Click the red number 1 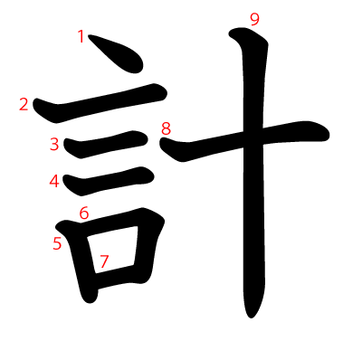click(81, 36)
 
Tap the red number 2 click(24, 104)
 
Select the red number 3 click(54, 144)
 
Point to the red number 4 click(54, 182)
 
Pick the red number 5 click(57, 243)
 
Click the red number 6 click(84, 213)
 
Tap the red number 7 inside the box click(104, 261)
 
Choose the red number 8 click(167, 128)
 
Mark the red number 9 click(254, 20)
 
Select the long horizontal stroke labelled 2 click(100, 102)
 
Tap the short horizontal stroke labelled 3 click(106, 145)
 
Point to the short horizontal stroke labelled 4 click(109, 181)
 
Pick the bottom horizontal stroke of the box click(116, 276)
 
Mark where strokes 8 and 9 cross click(253, 137)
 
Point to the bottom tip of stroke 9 click(251, 317)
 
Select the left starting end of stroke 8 click(163, 142)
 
